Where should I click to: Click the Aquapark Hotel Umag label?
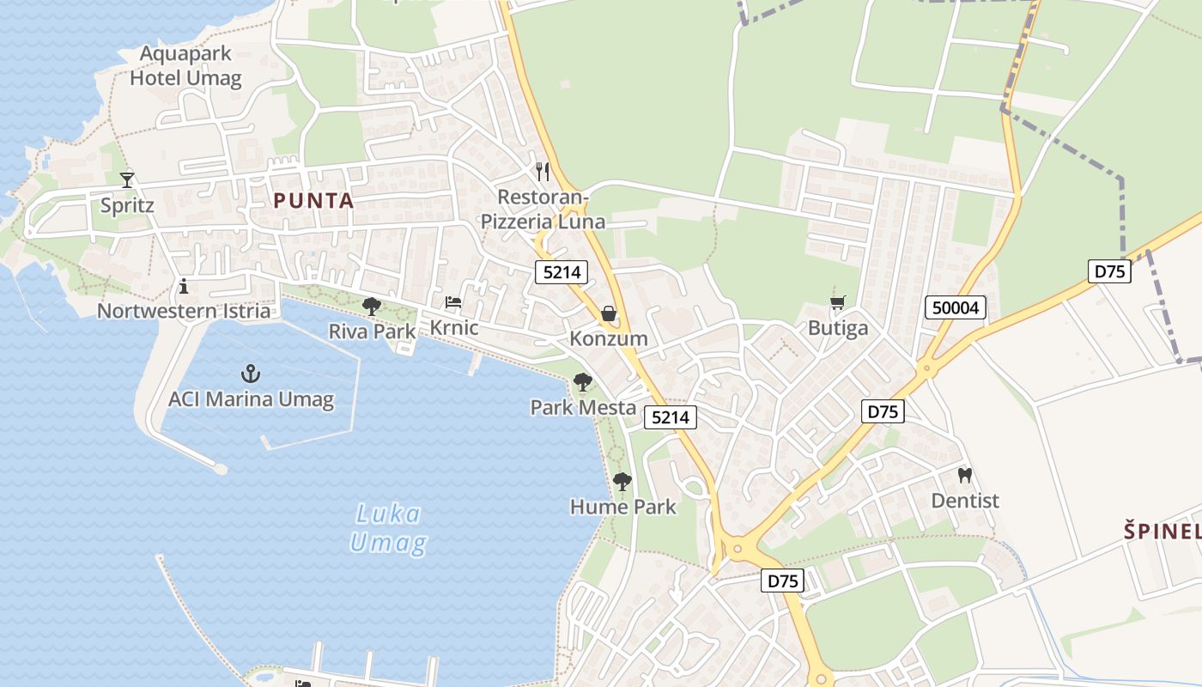185,66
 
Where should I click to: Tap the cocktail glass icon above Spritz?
127,179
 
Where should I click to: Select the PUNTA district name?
313,201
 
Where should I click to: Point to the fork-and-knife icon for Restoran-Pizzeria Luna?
542,172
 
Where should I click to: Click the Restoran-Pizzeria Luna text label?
543,210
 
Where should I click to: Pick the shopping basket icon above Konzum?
609,314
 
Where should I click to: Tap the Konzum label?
609,338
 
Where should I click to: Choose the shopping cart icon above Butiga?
837,302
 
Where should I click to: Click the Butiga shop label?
838,327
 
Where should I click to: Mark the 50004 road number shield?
956,307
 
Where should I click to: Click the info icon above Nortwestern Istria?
183,286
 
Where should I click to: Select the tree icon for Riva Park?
372,306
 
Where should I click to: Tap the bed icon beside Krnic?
452,302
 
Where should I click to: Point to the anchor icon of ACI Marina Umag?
251,374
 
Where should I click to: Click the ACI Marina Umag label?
251,399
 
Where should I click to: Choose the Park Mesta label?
583,407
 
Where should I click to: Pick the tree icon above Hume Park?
622,482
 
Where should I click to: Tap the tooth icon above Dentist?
965,475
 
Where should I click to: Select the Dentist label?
965,500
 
